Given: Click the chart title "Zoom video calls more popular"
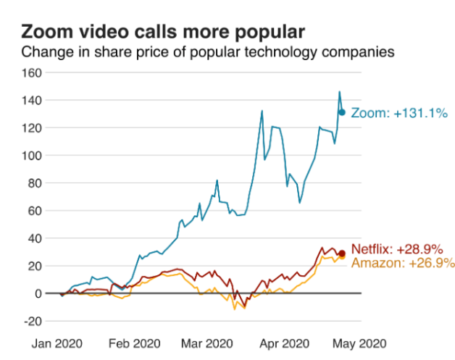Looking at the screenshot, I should coord(162,32).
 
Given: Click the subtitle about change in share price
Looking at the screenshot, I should coord(207,53).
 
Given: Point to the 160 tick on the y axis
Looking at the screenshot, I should coord(31,72).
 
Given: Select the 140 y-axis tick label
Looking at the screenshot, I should coord(31,100).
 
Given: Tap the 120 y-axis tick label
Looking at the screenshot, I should coord(31,127).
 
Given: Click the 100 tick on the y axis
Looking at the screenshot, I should coord(31,155).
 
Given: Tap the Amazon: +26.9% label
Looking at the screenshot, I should coord(403,263).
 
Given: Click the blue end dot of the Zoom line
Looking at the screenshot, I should coord(342,112).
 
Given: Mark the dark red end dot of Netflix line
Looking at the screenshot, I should coord(342,253).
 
